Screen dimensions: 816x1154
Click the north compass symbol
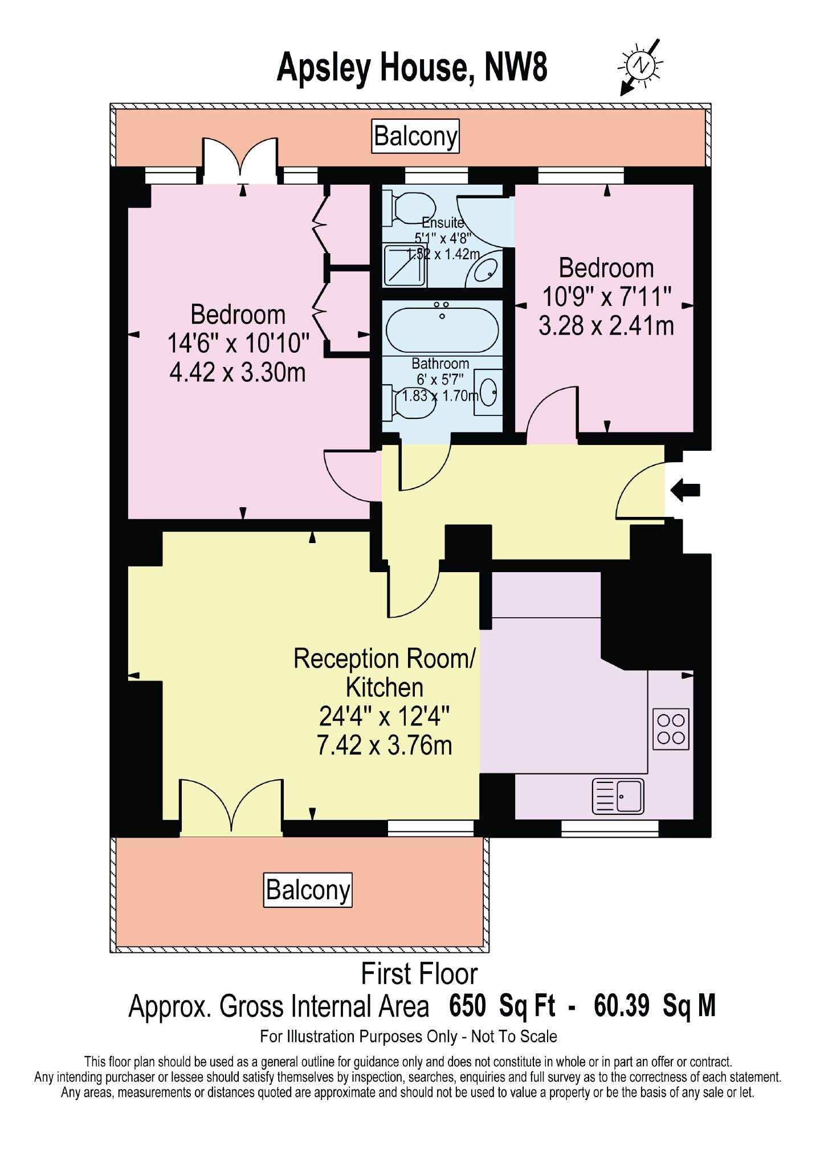pos(640,66)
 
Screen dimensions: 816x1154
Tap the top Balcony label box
pos(415,136)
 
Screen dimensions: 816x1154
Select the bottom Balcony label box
pos(308,890)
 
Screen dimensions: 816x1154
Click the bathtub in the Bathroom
pos(442,330)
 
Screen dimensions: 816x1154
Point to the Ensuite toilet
pos(410,207)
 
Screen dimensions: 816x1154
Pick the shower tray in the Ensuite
pos(405,265)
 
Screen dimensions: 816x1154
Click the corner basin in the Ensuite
pos(484,270)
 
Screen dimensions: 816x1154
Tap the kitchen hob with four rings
pos(671,729)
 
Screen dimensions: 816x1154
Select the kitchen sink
pos(618,796)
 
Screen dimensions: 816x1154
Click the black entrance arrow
pos(686,490)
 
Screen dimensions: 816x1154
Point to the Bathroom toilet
pos(410,402)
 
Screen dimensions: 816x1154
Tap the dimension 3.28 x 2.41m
pos(606,326)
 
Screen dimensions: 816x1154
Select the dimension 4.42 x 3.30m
pos(238,373)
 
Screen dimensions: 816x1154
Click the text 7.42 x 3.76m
pos(385,745)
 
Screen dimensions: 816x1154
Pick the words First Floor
pos(419,974)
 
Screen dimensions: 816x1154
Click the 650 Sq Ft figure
pos(502,1006)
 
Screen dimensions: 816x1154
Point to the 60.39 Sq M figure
pos(655,1006)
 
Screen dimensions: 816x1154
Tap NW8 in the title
pos(516,67)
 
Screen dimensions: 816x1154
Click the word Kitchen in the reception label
pos(385,688)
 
